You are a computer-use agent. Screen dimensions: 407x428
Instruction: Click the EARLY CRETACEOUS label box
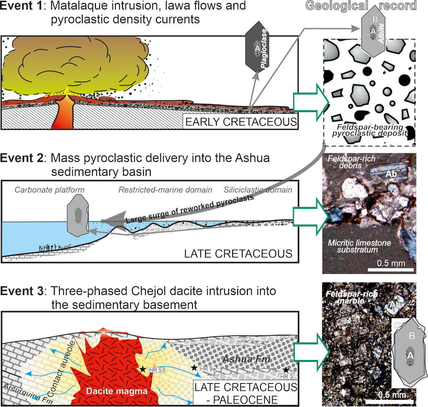click(x=241, y=122)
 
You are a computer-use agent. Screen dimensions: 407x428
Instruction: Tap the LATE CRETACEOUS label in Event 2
click(x=238, y=254)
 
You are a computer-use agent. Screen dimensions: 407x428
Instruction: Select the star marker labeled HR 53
click(x=143, y=369)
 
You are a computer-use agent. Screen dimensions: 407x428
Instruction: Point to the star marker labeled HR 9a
click(x=194, y=367)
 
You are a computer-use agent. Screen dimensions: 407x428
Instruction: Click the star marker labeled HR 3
click(x=286, y=370)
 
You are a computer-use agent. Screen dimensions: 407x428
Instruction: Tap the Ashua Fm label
click(x=246, y=359)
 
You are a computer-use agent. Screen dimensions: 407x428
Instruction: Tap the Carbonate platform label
click(x=50, y=190)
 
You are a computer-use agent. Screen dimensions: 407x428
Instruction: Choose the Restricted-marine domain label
click(x=165, y=190)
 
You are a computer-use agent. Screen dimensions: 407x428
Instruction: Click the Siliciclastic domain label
click(x=258, y=190)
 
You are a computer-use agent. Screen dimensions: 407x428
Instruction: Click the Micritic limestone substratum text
click(x=359, y=246)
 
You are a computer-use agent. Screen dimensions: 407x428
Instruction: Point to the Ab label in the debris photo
click(x=391, y=174)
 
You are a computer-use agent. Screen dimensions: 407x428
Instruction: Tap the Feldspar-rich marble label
click(x=351, y=297)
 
